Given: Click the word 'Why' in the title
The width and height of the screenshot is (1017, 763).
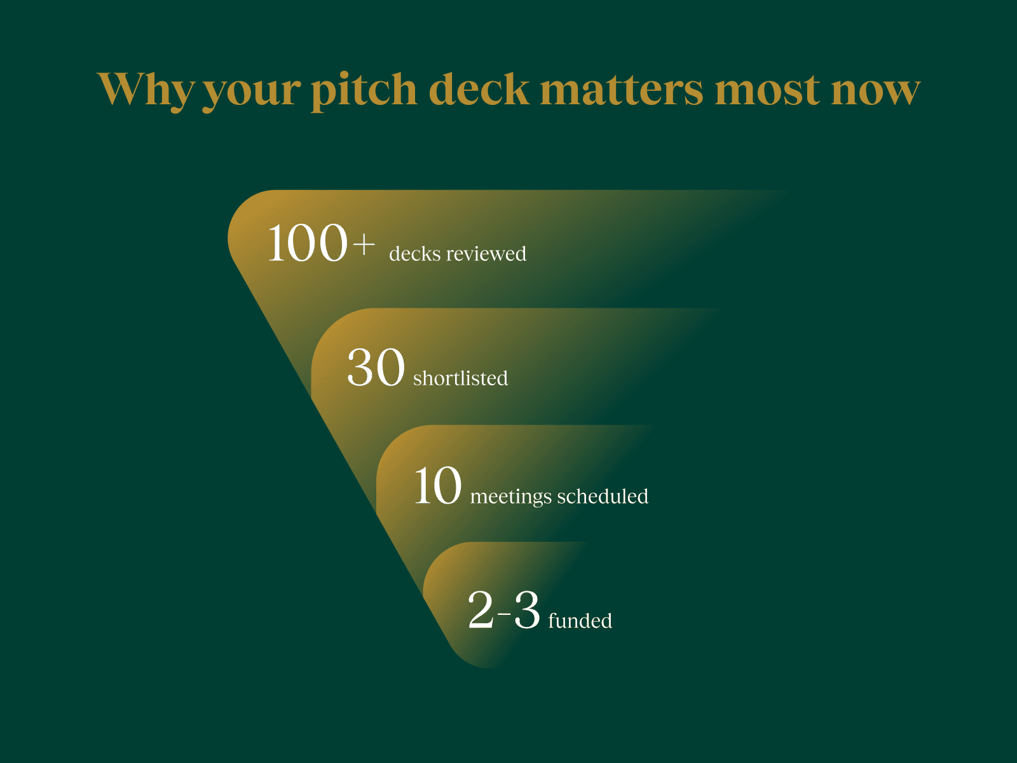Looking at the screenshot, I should [x=146, y=90].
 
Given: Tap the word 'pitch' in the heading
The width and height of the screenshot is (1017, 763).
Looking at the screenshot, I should [x=364, y=90].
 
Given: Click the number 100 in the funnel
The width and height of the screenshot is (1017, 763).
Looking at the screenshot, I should [x=307, y=244].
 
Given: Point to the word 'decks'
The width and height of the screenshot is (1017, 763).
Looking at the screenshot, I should [x=414, y=254].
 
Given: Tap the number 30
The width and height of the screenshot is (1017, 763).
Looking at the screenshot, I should [x=376, y=368].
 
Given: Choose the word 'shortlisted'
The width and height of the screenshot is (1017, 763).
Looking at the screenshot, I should [x=460, y=378].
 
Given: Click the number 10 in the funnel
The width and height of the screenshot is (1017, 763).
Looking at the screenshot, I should [x=437, y=486].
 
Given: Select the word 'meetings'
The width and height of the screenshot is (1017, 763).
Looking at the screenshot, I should [x=510, y=497].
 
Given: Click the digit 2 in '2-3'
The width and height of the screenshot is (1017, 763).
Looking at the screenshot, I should [x=481, y=610].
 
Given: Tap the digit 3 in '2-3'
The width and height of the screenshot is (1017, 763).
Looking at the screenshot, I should [x=526, y=610].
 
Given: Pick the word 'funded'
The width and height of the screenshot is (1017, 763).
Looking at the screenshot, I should [x=580, y=620].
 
